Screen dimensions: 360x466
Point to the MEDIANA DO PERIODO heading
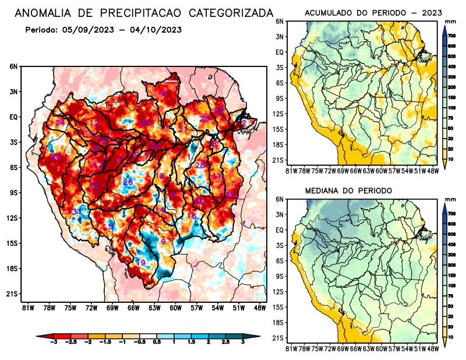point(349,190)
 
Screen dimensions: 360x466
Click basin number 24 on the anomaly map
point(60,122)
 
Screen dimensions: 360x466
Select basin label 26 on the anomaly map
point(128,182)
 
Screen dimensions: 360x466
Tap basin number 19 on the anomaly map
point(140,263)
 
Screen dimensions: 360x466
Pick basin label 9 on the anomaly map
point(164,241)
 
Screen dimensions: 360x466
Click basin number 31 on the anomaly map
point(77,211)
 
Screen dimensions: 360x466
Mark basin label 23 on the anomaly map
point(204,119)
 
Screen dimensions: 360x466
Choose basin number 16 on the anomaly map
point(191,216)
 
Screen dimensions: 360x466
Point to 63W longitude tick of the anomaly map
point(154,308)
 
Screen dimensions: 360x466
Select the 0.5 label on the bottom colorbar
point(157,343)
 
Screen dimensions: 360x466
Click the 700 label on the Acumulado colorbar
point(451,36)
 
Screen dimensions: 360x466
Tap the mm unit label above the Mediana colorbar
point(450,199)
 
